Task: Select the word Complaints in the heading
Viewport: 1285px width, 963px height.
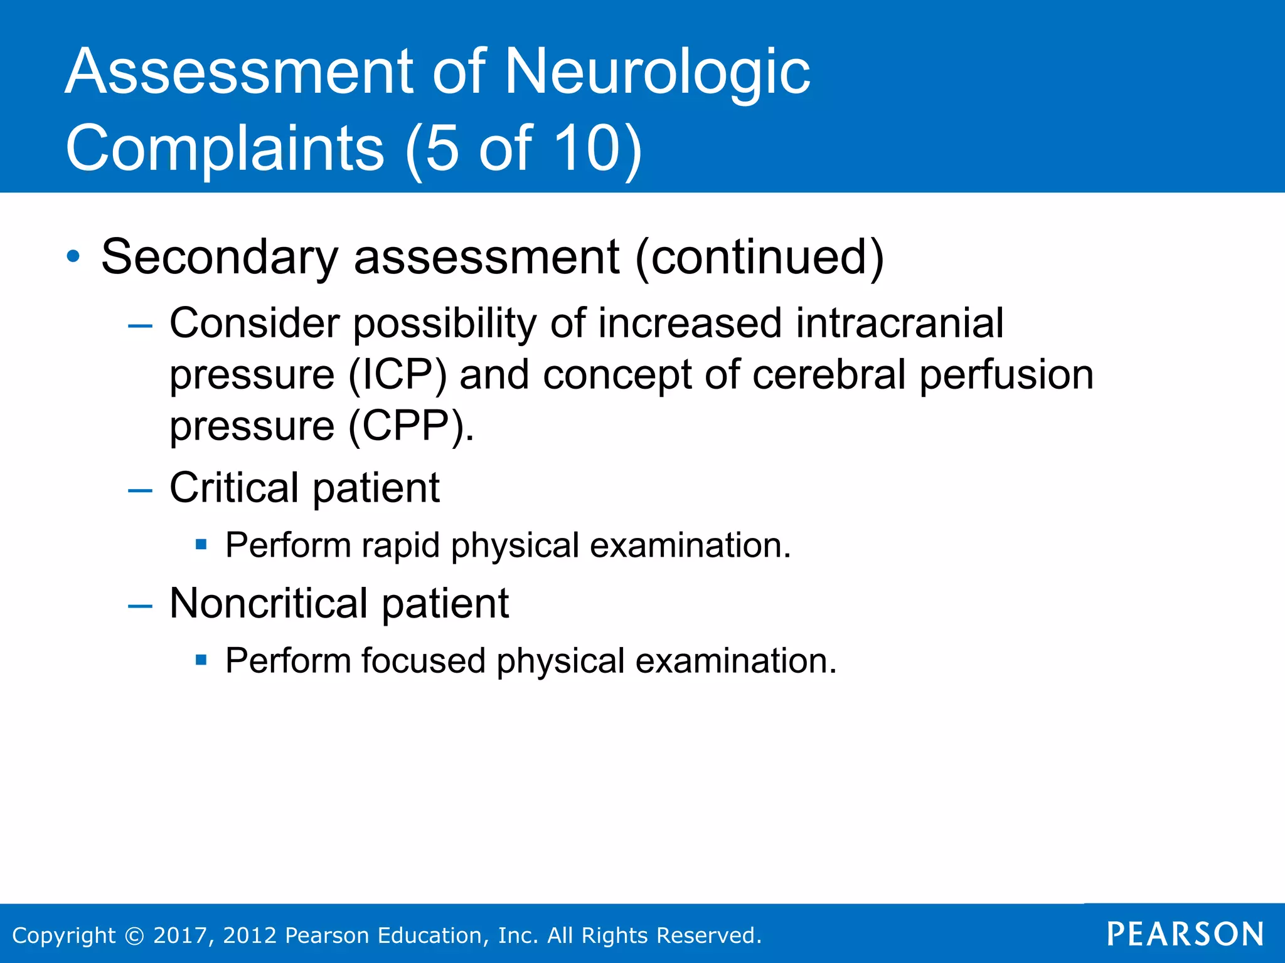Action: click(225, 148)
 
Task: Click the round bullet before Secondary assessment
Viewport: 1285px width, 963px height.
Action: click(73, 256)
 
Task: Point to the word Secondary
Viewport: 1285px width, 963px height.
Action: click(220, 256)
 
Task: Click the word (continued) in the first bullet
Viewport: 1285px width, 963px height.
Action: click(759, 256)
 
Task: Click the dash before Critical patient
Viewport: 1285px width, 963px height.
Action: click(140, 490)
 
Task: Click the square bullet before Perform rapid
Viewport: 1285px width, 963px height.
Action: click(201, 544)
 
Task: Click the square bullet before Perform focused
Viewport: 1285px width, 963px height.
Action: click(201, 660)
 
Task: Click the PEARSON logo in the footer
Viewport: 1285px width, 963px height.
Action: click(1185, 934)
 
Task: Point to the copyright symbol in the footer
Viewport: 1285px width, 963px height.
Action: click(134, 935)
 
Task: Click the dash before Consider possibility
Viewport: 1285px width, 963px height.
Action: click(140, 325)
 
